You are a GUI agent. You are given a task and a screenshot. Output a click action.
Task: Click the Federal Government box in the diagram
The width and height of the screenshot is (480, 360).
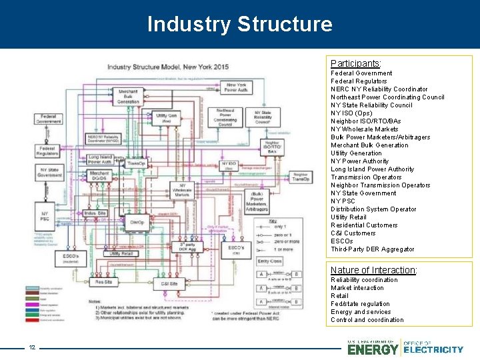coord(49,118)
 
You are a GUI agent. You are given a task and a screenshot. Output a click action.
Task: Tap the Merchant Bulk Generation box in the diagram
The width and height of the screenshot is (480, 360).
coord(129,95)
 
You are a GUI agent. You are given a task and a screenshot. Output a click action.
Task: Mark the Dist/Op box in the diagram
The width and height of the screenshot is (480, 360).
coord(137,222)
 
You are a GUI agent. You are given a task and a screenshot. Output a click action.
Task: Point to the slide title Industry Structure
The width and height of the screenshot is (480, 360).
coord(239,24)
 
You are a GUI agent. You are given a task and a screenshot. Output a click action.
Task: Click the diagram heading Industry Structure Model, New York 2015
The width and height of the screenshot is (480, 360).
coord(167,67)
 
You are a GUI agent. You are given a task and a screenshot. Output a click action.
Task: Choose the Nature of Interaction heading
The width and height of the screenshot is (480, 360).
coord(373,270)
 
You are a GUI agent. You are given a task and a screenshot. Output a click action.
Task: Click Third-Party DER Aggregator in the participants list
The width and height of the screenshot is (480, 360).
coord(372,249)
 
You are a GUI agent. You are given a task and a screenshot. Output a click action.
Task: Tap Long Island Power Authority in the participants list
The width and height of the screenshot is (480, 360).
coord(372,169)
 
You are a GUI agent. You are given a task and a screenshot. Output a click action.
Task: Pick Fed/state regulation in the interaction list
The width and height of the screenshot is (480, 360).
coord(360,304)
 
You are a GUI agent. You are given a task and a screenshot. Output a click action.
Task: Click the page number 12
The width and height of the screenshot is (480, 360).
coord(31,347)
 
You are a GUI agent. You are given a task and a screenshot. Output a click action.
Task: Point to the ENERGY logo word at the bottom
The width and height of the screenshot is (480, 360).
coord(373,349)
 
